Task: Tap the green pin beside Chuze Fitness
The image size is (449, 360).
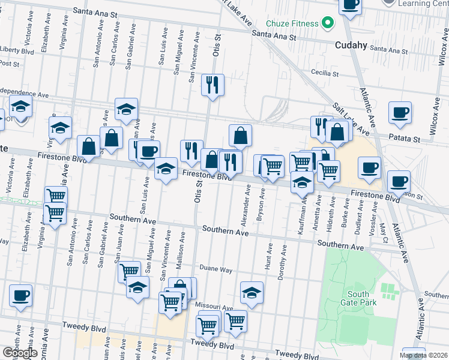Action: [x=327, y=24]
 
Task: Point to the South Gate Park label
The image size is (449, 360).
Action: [x=362, y=298]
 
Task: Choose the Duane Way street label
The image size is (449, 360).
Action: [x=215, y=269]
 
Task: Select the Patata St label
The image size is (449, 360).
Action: [x=407, y=139]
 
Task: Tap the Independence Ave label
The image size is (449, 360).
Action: [x=24, y=94]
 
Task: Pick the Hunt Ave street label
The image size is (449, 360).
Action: [x=270, y=256]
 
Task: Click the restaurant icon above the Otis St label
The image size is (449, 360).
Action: [x=212, y=85]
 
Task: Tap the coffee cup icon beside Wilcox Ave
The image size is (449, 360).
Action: [x=400, y=113]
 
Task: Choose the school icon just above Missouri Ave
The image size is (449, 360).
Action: [x=252, y=293]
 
